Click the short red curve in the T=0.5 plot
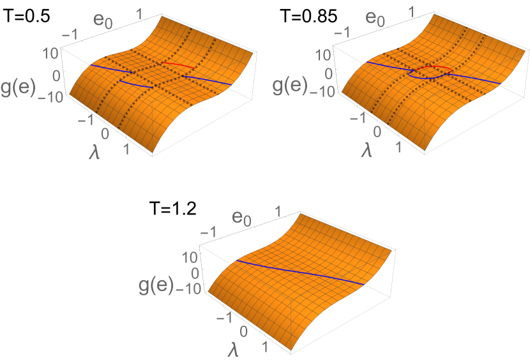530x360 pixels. click(x=178, y=65)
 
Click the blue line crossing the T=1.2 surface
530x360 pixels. click(x=300, y=272)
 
